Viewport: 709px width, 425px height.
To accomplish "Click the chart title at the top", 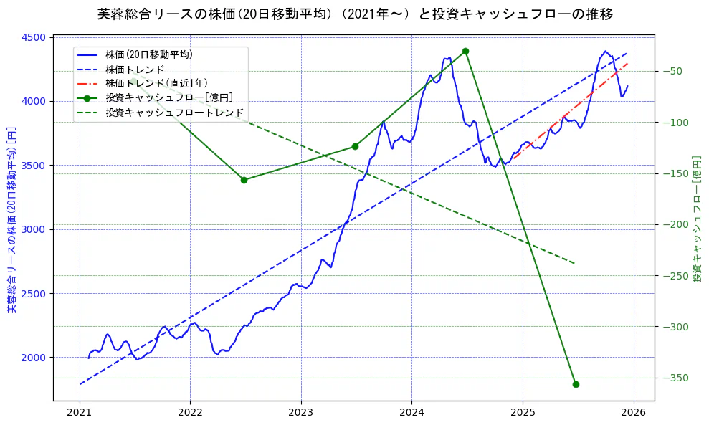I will (x=354, y=14).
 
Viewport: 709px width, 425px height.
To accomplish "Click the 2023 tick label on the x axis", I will (x=300, y=414).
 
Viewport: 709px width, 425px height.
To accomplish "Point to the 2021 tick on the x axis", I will (x=80, y=414).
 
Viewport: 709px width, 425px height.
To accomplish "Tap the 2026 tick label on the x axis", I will (x=633, y=414).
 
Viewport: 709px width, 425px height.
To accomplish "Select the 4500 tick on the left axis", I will (x=36, y=37).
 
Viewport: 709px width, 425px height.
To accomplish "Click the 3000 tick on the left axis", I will (x=36, y=229).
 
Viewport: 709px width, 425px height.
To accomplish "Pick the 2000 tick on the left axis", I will (x=36, y=358).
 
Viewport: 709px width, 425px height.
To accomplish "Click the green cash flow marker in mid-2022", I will (x=244, y=180).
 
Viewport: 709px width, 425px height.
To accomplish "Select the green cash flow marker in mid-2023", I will (x=355, y=146).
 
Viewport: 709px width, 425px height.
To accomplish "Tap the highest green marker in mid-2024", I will (x=465, y=51).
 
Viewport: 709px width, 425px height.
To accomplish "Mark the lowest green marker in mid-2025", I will (x=576, y=384).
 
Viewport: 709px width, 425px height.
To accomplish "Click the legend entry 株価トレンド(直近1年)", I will (x=156, y=83).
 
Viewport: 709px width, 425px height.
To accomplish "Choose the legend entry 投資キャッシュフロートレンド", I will (x=174, y=113).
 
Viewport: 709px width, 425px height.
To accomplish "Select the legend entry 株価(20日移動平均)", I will (x=148, y=54).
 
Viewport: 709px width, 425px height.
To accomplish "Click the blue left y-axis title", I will (x=11, y=219).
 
